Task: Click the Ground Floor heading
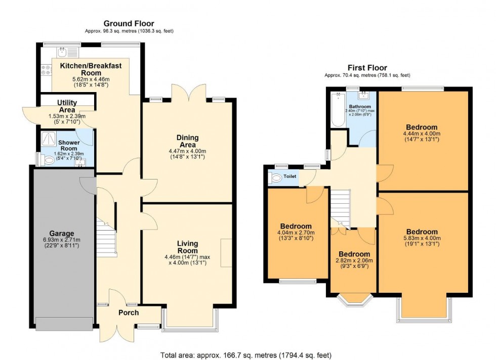[x=129, y=23]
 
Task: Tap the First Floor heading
[x=367, y=68]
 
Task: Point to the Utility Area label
[x=67, y=106]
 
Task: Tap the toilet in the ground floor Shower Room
[x=49, y=160]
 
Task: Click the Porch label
[x=129, y=312]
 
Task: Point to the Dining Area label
[x=187, y=141]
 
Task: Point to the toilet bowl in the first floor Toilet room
[x=276, y=178]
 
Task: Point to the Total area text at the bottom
[x=246, y=355]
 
